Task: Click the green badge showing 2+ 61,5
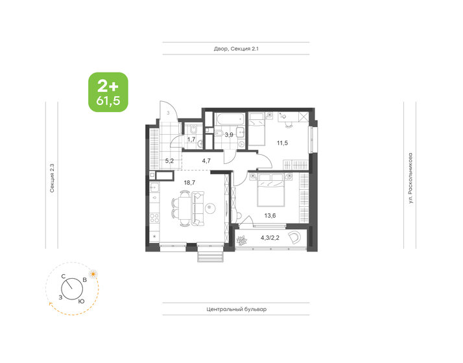pos(108,91)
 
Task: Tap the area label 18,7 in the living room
pos(190,183)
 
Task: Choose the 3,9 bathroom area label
pos(229,134)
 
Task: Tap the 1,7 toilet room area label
pos(191,139)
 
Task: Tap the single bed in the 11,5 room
pos(256,128)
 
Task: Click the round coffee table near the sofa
pos(212,209)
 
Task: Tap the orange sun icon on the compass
pos(95,274)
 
